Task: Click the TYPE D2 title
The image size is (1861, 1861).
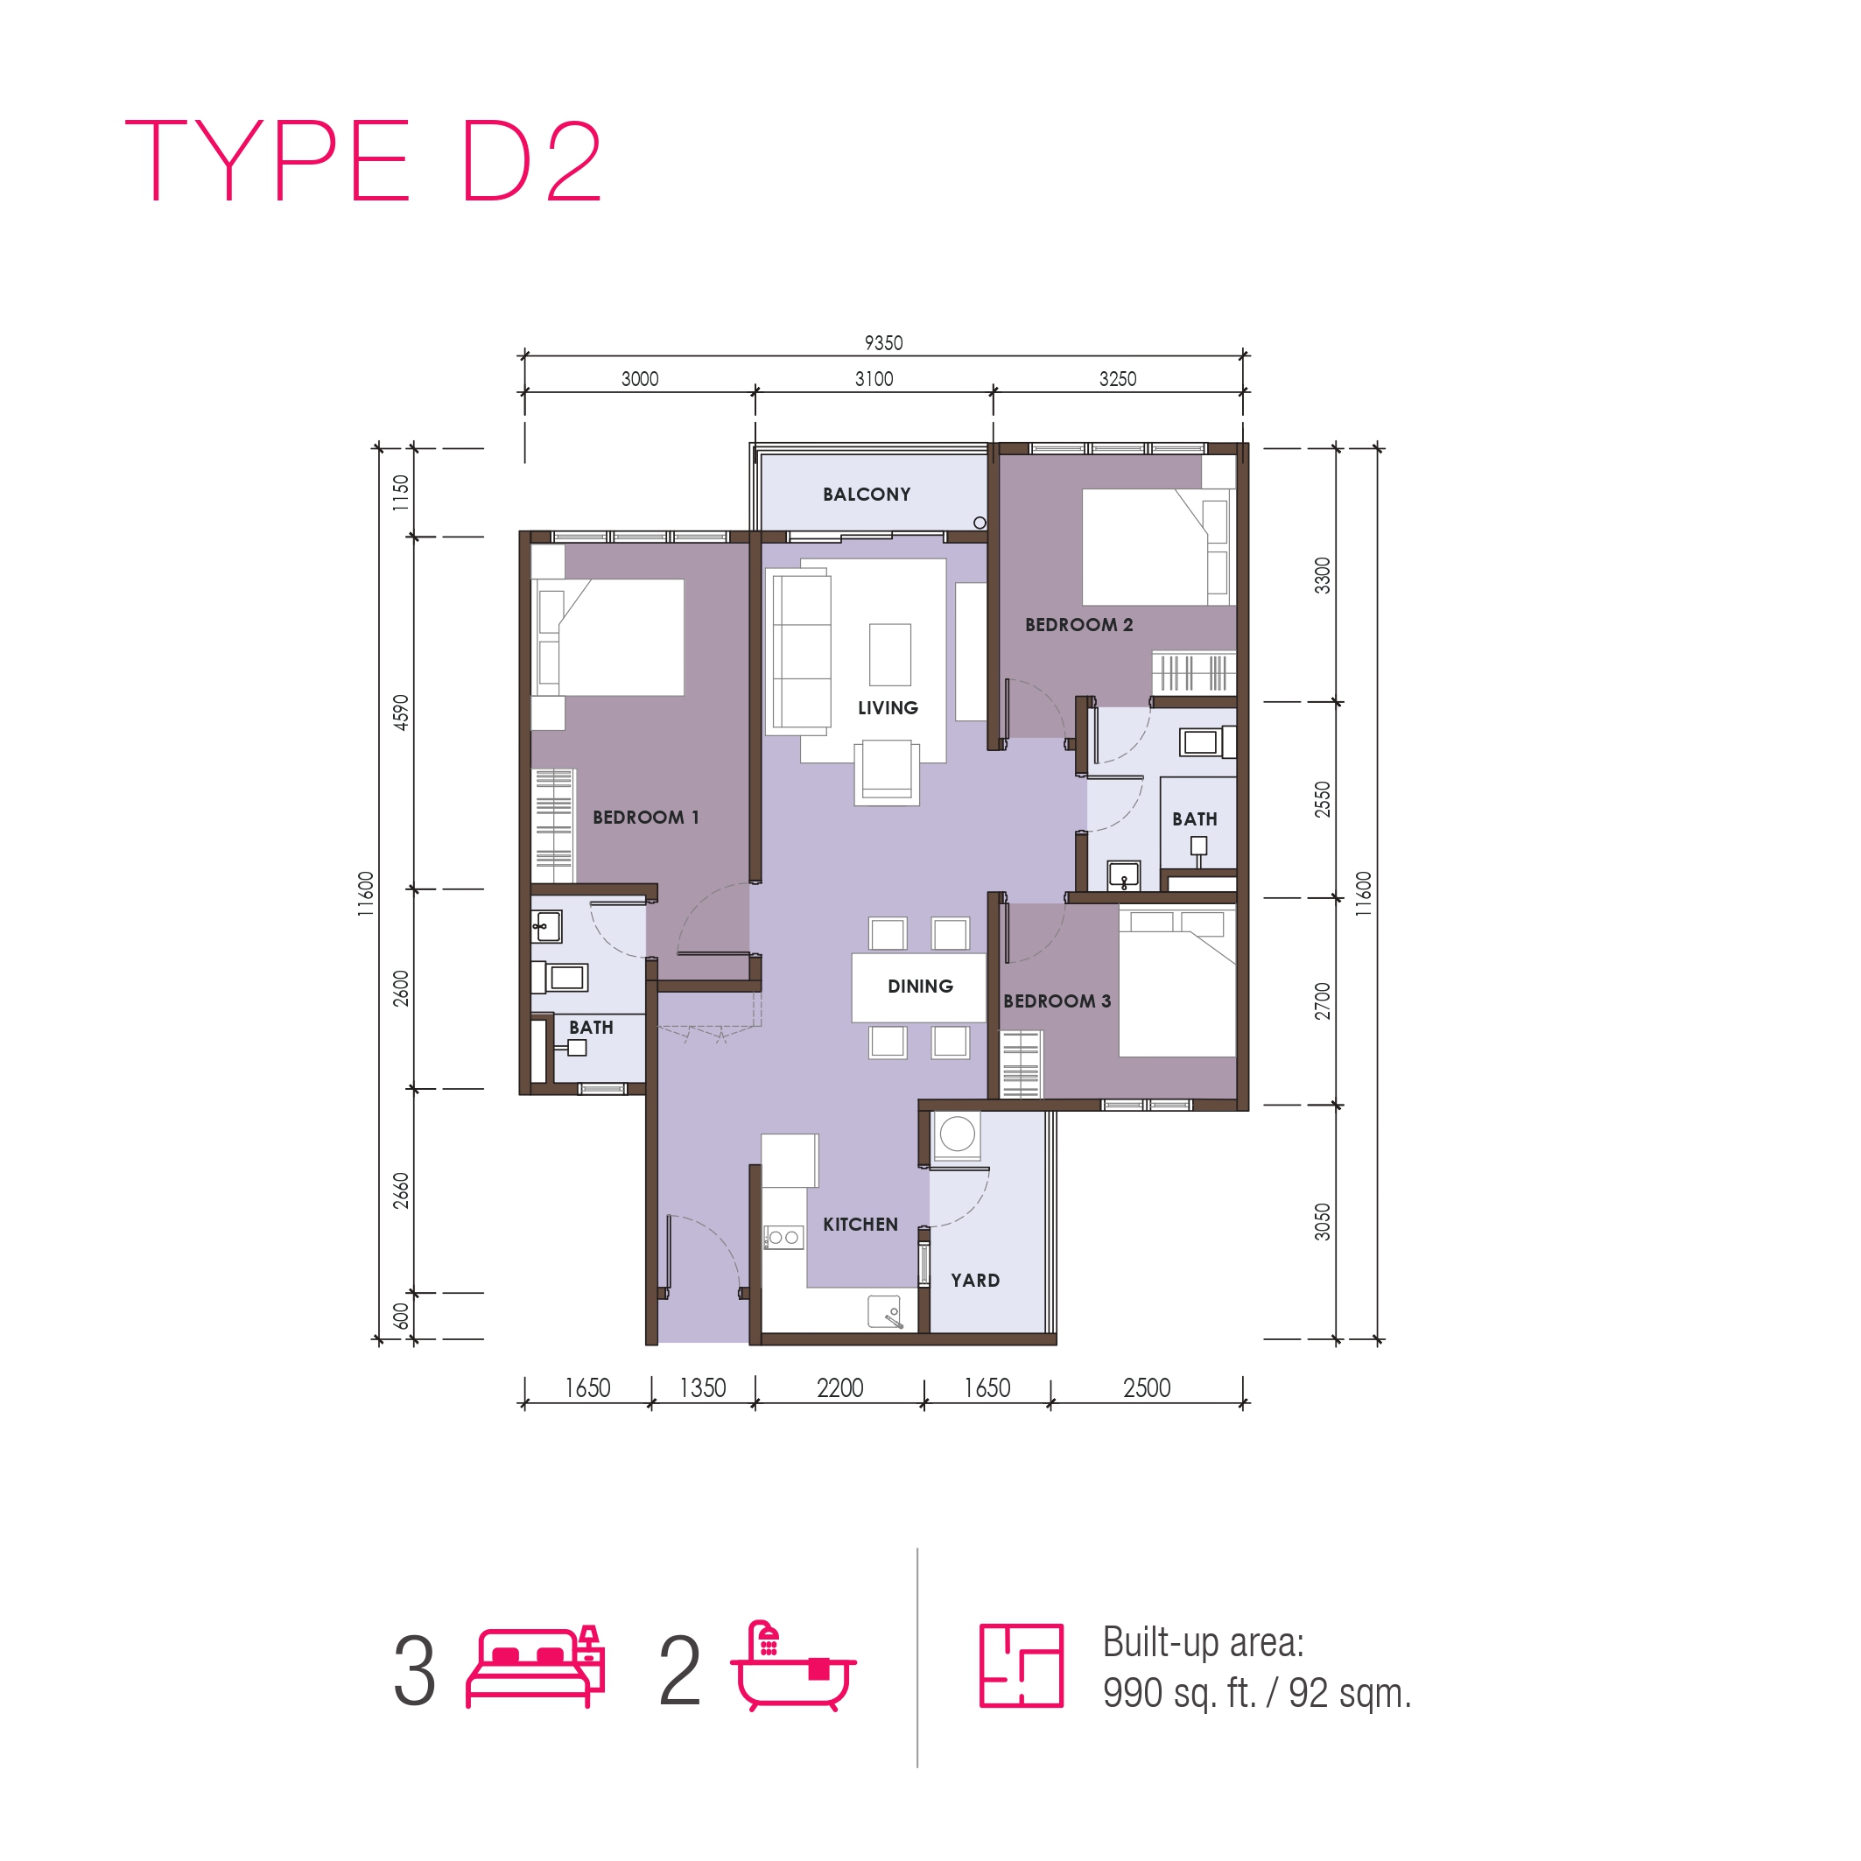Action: click(x=363, y=161)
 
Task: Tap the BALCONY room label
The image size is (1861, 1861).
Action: click(x=866, y=495)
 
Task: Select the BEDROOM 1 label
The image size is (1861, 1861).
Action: click(x=645, y=817)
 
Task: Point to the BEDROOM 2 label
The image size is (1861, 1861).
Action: click(x=1078, y=624)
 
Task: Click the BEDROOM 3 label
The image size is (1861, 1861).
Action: click(x=1057, y=1001)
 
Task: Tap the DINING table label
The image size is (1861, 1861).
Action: click(x=920, y=987)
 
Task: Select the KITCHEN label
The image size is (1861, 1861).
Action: click(x=860, y=1225)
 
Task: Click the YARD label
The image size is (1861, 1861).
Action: click(x=975, y=1280)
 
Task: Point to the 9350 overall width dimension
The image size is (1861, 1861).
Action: click(x=883, y=343)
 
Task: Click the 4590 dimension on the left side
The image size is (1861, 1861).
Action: click(x=401, y=712)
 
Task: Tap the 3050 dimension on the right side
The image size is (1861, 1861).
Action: click(x=1323, y=1221)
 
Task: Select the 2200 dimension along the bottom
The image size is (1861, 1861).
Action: click(x=840, y=1388)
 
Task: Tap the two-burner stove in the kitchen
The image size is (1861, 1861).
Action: click(x=784, y=1238)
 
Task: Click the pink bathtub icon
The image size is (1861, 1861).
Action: click(x=794, y=1666)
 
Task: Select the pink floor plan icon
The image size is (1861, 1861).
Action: click(x=1021, y=1666)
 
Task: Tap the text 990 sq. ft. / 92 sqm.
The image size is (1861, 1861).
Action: click(x=1257, y=1692)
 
